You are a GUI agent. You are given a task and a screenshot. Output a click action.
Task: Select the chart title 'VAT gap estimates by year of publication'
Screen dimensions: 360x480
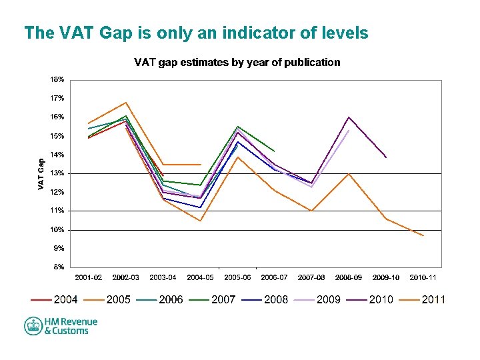[237, 63]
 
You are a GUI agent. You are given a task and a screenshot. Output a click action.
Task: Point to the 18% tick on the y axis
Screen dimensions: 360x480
[57, 79]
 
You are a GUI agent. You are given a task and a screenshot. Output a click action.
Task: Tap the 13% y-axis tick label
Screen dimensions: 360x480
[57, 173]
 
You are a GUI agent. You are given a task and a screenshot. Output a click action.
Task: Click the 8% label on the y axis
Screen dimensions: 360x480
[59, 267]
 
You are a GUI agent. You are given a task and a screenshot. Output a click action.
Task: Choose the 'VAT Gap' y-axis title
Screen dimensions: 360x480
[41, 174]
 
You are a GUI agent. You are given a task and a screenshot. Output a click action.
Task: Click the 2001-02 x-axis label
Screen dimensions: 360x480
[88, 277]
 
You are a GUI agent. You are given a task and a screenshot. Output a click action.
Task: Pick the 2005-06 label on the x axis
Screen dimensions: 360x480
[237, 277]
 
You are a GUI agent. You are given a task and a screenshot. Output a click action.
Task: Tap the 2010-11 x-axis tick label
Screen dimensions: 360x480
[423, 277]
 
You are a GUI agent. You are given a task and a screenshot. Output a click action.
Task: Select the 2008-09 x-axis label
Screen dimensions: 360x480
[349, 277]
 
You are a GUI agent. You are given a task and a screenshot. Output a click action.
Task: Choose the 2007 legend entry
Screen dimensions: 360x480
[223, 299]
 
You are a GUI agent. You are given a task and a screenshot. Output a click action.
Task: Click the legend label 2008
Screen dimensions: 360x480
[275, 299]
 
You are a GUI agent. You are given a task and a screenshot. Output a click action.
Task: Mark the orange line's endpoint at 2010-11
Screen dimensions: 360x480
[423, 235]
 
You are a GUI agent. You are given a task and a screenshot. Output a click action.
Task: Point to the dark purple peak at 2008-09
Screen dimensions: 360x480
[349, 117]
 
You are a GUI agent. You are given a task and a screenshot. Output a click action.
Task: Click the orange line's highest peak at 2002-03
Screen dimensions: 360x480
[125, 103]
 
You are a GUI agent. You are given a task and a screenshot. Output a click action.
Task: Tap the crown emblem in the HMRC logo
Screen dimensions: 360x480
[33, 326]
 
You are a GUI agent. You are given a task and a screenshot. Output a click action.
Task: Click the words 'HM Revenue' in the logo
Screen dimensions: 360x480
[71, 322]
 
